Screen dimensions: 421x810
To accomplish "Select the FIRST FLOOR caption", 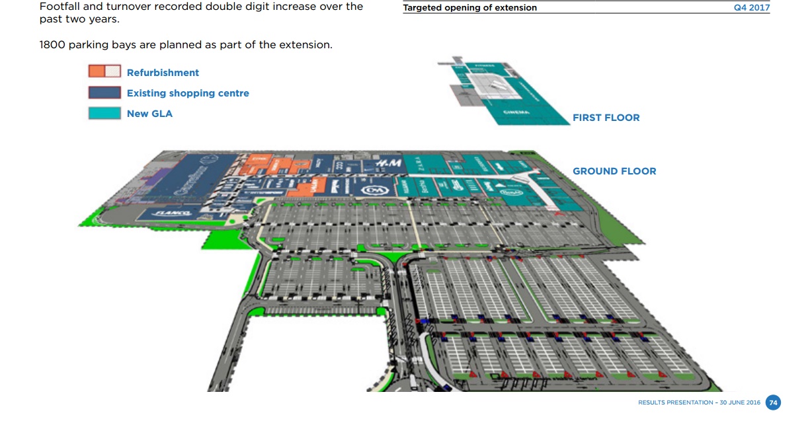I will click(606, 118).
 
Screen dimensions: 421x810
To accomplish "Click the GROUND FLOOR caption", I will click(614, 171).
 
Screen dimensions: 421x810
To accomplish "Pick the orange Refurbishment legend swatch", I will click(104, 71).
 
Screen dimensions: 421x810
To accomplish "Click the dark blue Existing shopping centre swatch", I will click(104, 93).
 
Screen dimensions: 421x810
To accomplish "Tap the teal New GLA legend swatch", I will click(104, 113).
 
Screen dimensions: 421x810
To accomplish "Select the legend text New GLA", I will click(149, 114).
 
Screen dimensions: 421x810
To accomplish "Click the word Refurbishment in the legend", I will click(163, 73).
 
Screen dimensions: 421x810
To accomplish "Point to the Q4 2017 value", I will click(752, 8).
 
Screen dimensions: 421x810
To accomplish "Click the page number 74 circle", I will click(773, 402).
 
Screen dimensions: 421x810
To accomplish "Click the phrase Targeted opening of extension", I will click(470, 8).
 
